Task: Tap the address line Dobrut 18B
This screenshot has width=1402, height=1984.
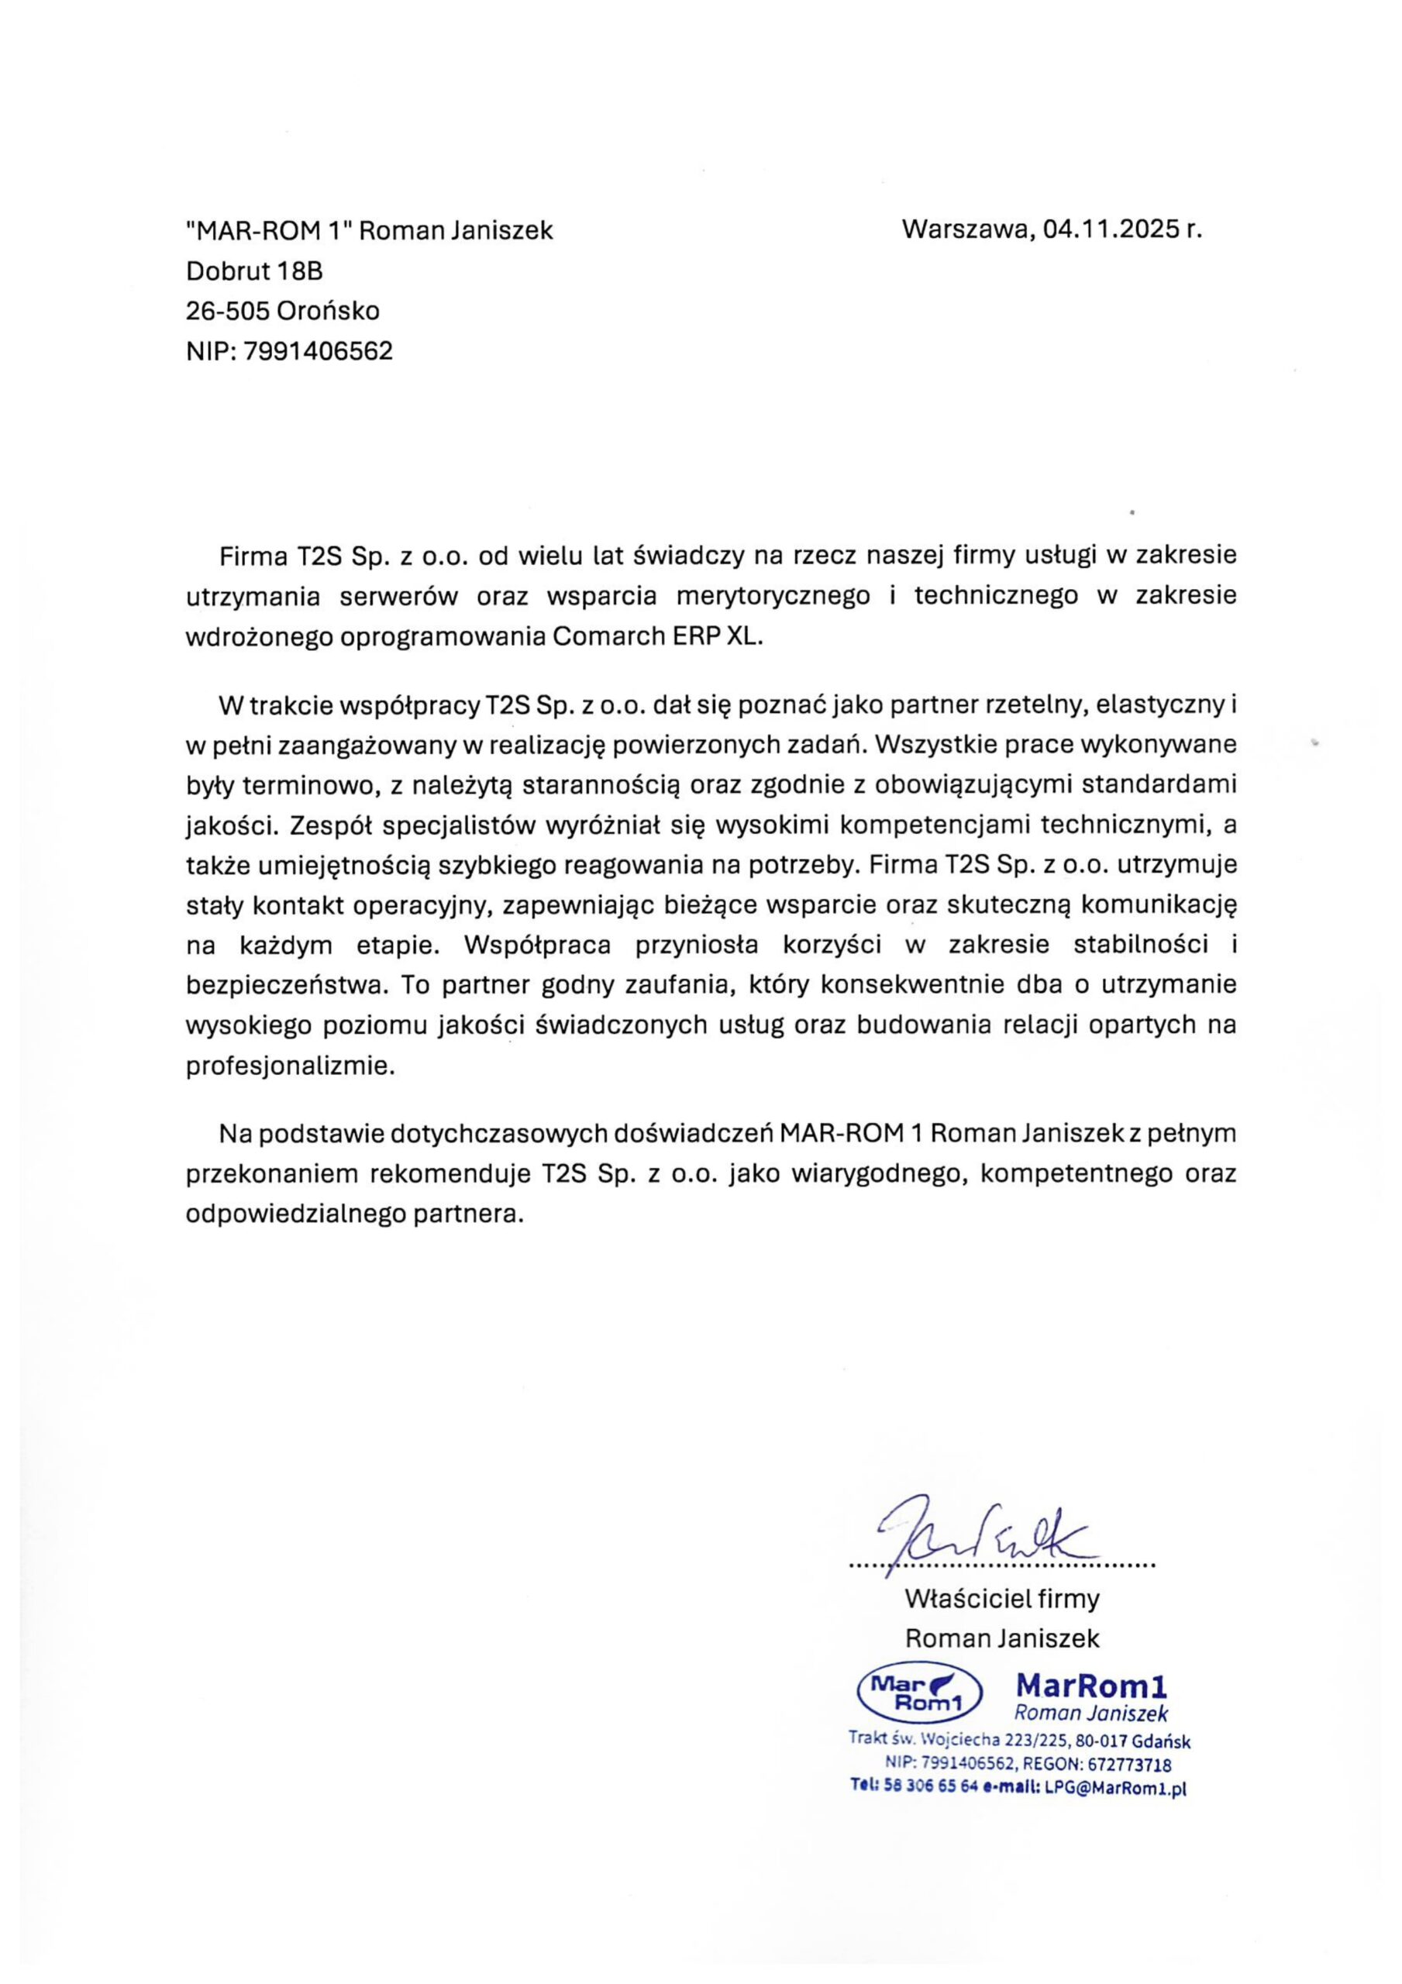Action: tap(254, 270)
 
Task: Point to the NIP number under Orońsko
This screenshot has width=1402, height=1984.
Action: tap(318, 351)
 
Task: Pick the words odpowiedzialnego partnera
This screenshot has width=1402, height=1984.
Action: tap(355, 1213)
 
